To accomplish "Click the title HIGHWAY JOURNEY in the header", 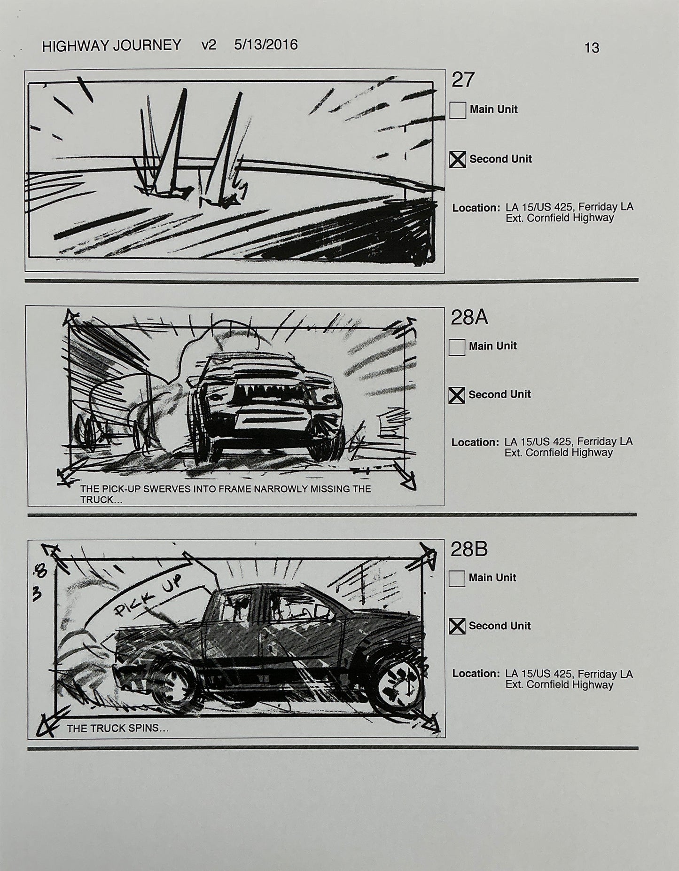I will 111,45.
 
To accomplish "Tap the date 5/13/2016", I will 265,45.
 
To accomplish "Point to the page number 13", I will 592,48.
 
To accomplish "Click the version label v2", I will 208,45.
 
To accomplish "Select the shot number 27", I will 463,80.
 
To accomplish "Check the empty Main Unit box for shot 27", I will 458,110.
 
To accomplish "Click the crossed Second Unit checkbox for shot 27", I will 458,160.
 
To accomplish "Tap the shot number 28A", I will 469,318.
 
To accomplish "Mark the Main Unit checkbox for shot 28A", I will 457,347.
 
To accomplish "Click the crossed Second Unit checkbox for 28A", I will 457,395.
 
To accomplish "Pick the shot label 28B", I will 469,549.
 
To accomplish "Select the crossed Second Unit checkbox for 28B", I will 457,626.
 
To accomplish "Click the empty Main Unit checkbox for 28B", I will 457,579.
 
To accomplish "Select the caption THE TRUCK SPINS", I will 117,729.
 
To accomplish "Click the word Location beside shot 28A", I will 475,442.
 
